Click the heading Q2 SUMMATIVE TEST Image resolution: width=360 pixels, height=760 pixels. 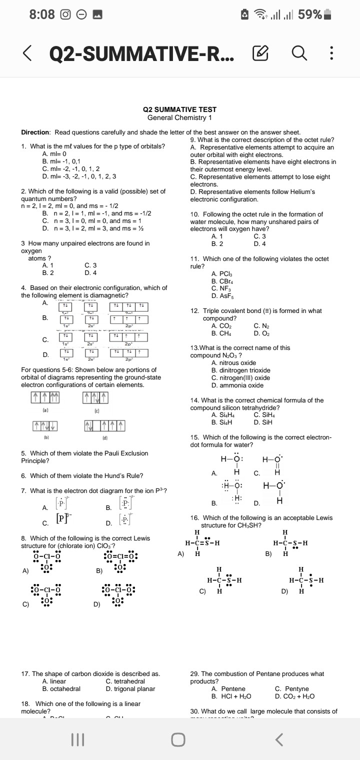pos(179,109)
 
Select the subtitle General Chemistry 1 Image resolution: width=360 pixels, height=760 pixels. pos(179,117)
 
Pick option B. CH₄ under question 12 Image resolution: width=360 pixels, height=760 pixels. pos(220,332)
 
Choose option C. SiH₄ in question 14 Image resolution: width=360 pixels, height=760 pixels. pos(265,414)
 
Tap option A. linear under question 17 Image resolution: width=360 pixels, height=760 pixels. pos(54,681)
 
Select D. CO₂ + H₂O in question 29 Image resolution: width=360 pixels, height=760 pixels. pos(294,696)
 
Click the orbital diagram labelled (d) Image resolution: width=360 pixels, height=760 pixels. pos(104,426)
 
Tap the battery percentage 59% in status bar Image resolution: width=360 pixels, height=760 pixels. pos(310,14)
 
